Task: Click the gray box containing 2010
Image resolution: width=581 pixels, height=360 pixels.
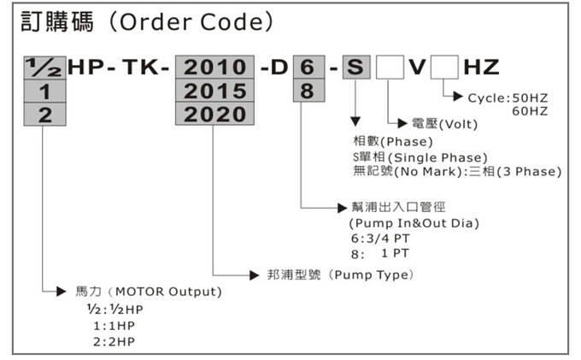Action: pyautogui.click(x=212, y=66)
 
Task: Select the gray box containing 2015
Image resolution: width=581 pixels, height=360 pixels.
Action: pyautogui.click(x=212, y=90)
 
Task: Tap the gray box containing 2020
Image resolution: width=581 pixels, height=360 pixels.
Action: pyautogui.click(x=212, y=113)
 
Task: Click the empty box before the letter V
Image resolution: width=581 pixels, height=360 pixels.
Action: pyautogui.click(x=390, y=66)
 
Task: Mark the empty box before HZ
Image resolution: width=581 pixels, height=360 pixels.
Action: pyautogui.click(x=444, y=66)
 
